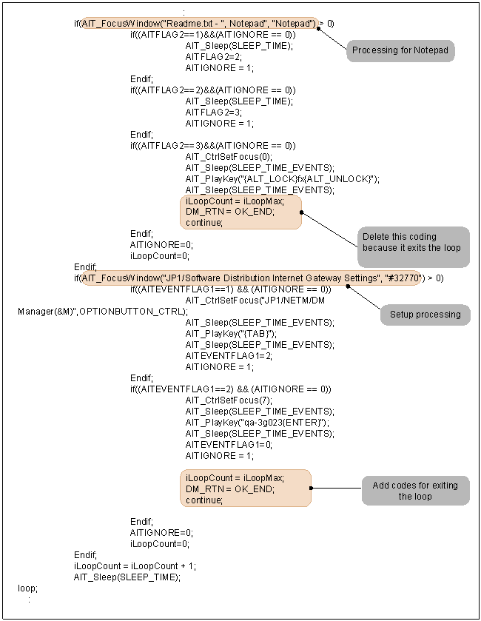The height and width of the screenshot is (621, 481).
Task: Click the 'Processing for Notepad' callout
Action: [x=400, y=50]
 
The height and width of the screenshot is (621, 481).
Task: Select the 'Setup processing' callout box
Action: [x=425, y=315]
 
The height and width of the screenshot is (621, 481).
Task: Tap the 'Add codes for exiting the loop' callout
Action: [x=415, y=491]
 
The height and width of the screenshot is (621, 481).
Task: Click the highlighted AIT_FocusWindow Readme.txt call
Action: [x=199, y=24]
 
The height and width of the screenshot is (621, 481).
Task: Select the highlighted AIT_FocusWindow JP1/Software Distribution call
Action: [x=252, y=278]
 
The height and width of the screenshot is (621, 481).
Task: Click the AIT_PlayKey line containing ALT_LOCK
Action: [x=282, y=178]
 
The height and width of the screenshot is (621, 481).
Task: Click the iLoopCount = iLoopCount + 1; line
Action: [x=135, y=566]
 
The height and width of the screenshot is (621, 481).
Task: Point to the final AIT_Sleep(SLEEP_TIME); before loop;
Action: [x=127, y=577]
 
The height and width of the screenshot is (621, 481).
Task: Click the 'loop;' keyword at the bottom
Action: [x=27, y=588]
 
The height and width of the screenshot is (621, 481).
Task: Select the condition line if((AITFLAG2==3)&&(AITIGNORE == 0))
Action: [x=212, y=145]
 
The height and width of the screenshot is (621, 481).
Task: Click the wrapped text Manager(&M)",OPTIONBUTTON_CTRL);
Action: [x=102, y=312]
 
